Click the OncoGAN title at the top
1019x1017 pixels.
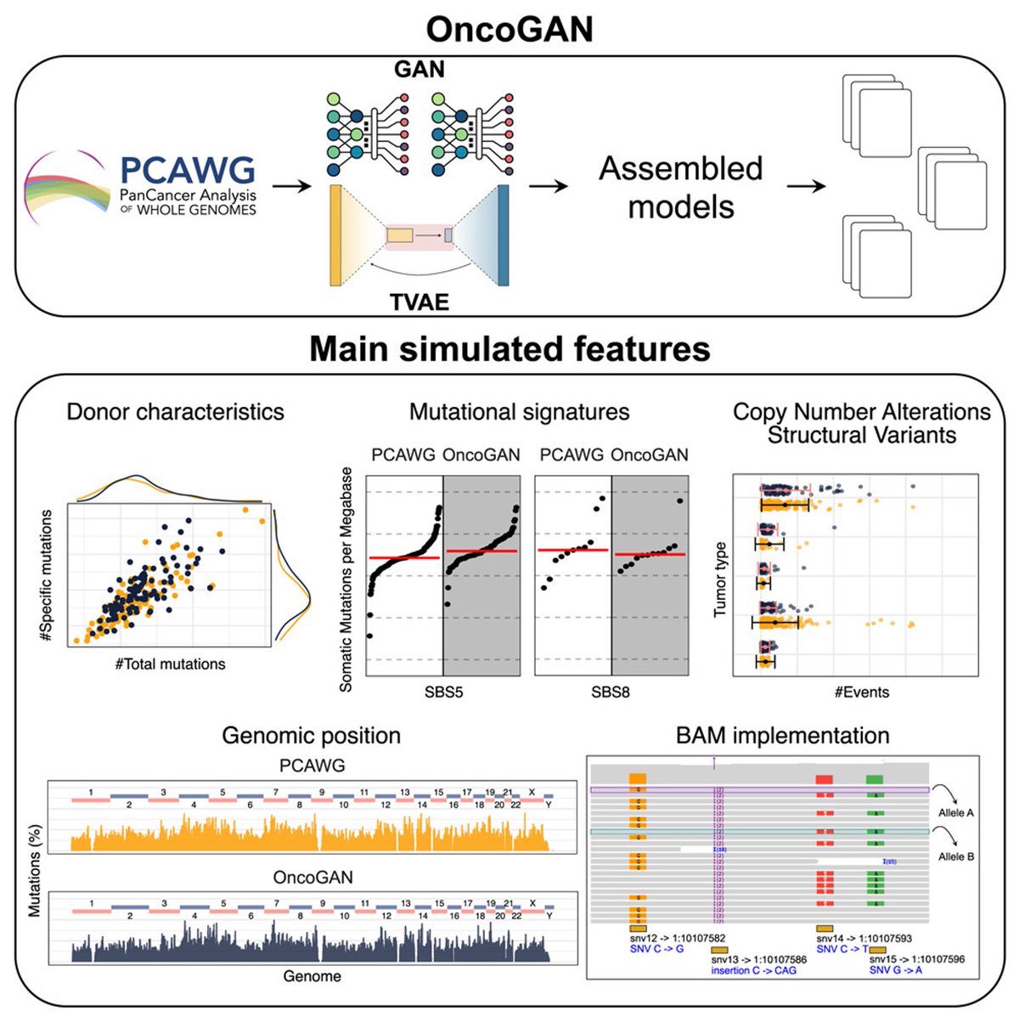(509, 29)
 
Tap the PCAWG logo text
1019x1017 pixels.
(188, 171)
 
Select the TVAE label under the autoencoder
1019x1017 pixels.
(419, 302)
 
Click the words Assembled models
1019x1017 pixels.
(681, 187)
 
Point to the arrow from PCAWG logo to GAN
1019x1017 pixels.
(292, 184)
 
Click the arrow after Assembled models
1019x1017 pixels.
(806, 185)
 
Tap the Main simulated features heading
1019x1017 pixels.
(509, 349)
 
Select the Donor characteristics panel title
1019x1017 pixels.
(176, 412)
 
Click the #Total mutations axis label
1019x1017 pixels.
(171, 664)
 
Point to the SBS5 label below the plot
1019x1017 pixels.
(443, 692)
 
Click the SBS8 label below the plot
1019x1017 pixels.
(611, 692)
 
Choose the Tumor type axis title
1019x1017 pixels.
(721, 579)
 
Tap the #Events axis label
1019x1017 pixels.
(862, 692)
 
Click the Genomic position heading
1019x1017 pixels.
(312, 736)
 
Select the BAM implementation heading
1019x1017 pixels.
(783, 736)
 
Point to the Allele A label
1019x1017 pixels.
(956, 813)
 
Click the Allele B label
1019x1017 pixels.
(956, 856)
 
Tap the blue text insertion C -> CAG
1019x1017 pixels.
(754, 970)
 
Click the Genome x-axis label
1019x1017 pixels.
(312, 976)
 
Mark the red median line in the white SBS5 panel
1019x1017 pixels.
(404, 557)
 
